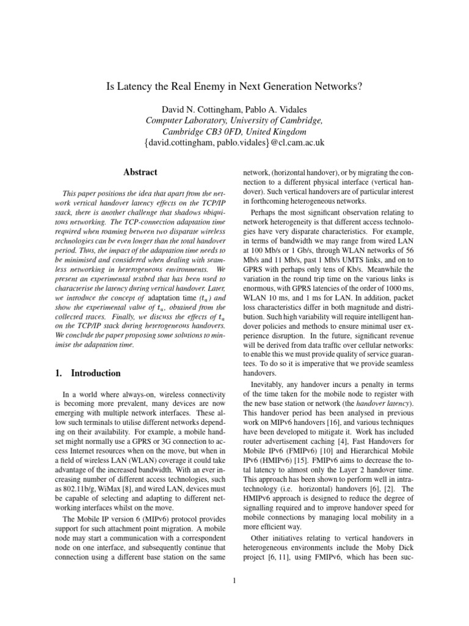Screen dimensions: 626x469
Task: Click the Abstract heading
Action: [140, 172]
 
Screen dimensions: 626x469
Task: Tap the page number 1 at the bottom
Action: [234, 580]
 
